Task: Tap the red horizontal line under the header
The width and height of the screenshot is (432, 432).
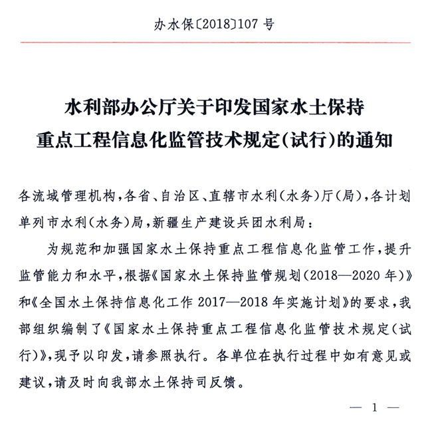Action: tap(215, 43)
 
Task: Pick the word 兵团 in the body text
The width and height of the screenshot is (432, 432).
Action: tap(278, 220)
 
